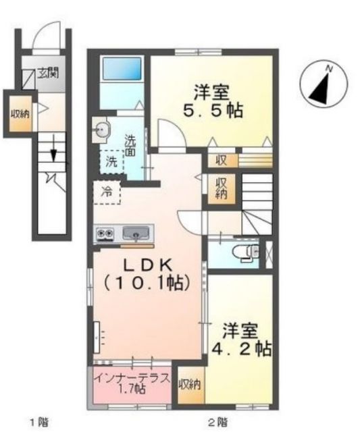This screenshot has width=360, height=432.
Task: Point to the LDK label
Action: click(x=149, y=264)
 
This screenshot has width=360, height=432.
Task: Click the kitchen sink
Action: click(x=137, y=234)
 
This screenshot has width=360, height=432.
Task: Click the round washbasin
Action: click(x=102, y=128)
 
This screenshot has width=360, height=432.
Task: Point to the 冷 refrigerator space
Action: click(x=107, y=192)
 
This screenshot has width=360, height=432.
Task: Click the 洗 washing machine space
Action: click(x=112, y=162)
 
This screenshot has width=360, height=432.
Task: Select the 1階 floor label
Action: click(x=38, y=423)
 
